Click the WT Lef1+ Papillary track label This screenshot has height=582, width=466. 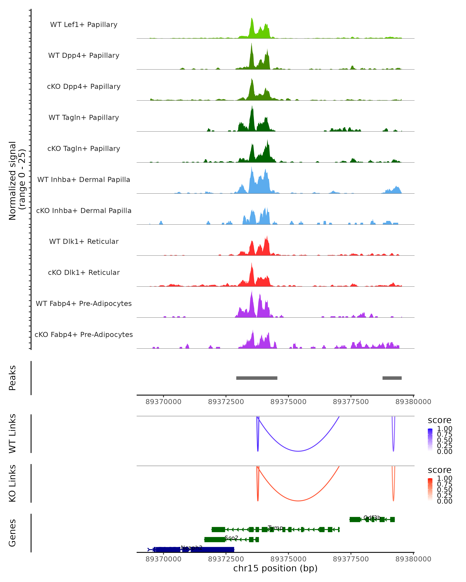click(84, 25)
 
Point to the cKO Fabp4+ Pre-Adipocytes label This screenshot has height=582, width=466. click(84, 334)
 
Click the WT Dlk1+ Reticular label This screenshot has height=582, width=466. click(84, 241)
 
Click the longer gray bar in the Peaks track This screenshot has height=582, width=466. click(257, 378)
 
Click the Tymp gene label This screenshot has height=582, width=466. click(276, 527)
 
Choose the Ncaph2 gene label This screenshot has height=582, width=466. click(191, 547)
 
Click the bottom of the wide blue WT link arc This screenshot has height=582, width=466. click(298, 451)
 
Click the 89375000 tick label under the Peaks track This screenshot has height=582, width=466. click(288, 402)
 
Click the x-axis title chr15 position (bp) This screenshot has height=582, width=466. click(275, 568)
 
